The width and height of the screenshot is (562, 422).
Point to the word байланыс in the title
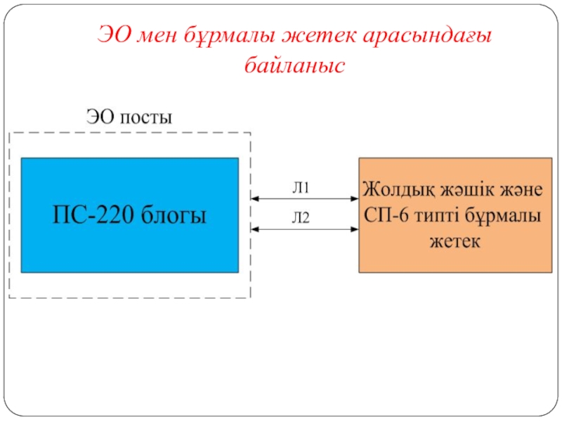coord(294,65)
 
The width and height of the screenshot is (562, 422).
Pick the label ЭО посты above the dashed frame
coord(129,116)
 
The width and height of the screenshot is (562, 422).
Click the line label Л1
coord(301,188)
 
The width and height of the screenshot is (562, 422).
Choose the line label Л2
coord(301,218)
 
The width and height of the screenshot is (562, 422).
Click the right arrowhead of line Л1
coord(354,199)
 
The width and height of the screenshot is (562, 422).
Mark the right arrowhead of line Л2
coord(354,229)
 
